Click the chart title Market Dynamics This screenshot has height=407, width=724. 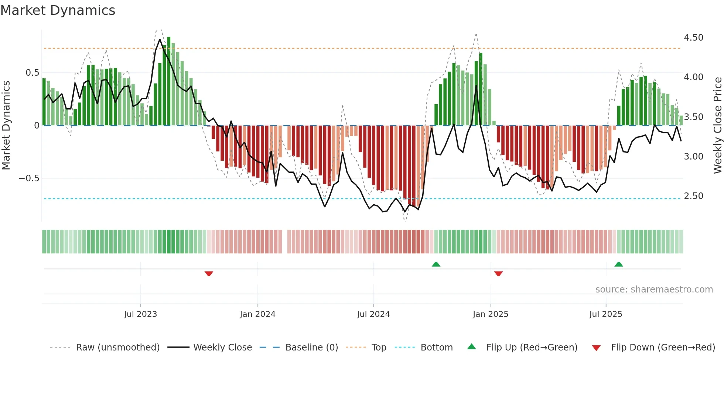[x=58, y=10]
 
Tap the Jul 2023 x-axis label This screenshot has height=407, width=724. [x=140, y=314]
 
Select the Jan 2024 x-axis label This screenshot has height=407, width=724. [x=257, y=314]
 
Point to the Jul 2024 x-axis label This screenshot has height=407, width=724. [x=373, y=314]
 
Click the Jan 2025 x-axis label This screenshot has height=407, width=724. [x=491, y=314]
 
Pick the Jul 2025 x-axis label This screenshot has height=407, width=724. [x=606, y=314]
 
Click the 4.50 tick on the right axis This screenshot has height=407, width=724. [x=693, y=38]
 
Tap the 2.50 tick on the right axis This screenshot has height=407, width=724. [x=693, y=196]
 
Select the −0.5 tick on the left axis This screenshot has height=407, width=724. [x=29, y=178]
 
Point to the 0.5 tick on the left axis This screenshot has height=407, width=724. [x=33, y=73]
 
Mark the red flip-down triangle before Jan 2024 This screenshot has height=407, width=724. [x=209, y=274]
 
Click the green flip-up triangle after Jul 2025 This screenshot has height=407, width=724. [x=619, y=264]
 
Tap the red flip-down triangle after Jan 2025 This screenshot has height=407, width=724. [x=498, y=274]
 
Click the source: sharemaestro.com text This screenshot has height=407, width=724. [x=654, y=290]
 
